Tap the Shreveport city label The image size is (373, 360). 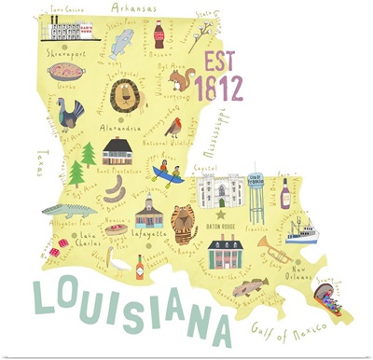pyautogui.click(x=64, y=53)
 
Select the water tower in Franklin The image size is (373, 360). pyautogui.click(x=257, y=190)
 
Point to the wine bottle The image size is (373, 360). pyautogui.click(x=286, y=193)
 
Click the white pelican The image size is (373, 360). pyautogui.click(x=117, y=264)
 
